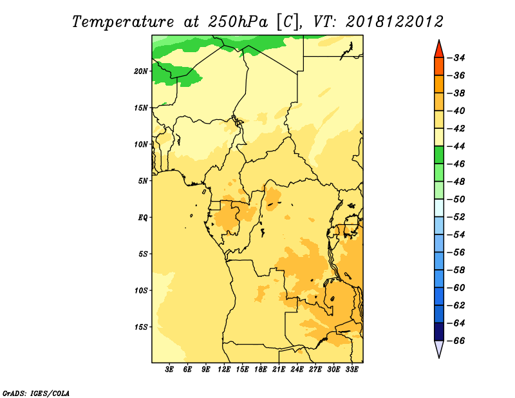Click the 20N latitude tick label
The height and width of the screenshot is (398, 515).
pyautogui.click(x=140, y=71)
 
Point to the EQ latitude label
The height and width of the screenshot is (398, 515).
pyautogui.click(x=142, y=218)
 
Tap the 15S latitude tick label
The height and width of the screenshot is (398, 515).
pyautogui.click(x=141, y=327)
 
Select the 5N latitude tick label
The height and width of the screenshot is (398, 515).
pyautogui.click(x=143, y=181)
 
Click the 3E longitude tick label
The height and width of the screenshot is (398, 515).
pyautogui.click(x=169, y=369)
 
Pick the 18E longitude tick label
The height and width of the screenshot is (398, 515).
pyautogui.click(x=261, y=369)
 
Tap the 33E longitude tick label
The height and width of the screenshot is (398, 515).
pyautogui.click(x=351, y=369)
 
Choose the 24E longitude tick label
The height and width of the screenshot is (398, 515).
pyautogui.click(x=297, y=369)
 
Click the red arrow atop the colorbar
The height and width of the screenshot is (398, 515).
pyautogui.click(x=439, y=50)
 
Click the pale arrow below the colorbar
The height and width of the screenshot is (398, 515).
pyautogui.click(x=439, y=348)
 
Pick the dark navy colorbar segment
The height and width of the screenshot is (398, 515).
pyautogui.click(x=439, y=332)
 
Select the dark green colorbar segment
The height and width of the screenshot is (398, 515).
pyautogui.click(x=439, y=155)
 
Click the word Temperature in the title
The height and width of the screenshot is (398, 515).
pyautogui.click(x=123, y=22)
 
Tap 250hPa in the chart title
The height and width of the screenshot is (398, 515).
pyautogui.click(x=238, y=22)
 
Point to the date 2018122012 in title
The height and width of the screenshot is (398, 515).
pyautogui.click(x=395, y=22)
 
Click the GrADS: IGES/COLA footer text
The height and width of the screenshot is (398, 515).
pyautogui.click(x=36, y=393)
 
